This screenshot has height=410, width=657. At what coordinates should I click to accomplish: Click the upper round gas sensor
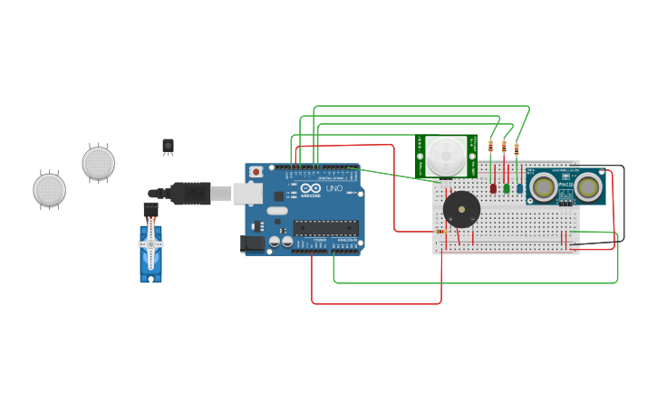pos(98,163)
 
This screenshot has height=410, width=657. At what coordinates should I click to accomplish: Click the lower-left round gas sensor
pos(50,190)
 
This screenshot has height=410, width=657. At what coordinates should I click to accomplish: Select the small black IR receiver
pos(168,145)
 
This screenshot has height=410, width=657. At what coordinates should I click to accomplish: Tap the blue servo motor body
pos(150,253)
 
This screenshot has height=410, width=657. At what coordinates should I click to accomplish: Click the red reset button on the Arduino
pos(256,171)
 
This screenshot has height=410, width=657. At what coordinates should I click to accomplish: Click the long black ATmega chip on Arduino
pos(324,228)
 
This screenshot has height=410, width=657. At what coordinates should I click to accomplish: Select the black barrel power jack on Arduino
pos(253,243)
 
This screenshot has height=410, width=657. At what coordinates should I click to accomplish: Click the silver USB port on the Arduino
pos(246,193)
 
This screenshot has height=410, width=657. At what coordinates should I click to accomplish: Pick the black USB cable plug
pos(190,193)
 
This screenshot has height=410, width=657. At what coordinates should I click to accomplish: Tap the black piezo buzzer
pos(461,210)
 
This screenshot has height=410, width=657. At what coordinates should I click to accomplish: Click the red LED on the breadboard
pos(493,188)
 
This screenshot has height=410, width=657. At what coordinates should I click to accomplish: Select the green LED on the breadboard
pos(506,188)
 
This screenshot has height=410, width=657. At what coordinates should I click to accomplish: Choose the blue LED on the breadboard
pos(518,188)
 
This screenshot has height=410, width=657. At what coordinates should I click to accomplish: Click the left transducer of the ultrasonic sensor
pos(544,187)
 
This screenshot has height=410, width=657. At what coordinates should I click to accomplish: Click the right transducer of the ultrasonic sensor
pos(588,187)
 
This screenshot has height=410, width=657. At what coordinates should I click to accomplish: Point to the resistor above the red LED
pos(491,146)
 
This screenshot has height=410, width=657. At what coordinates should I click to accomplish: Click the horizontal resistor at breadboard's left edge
pos(440,232)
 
